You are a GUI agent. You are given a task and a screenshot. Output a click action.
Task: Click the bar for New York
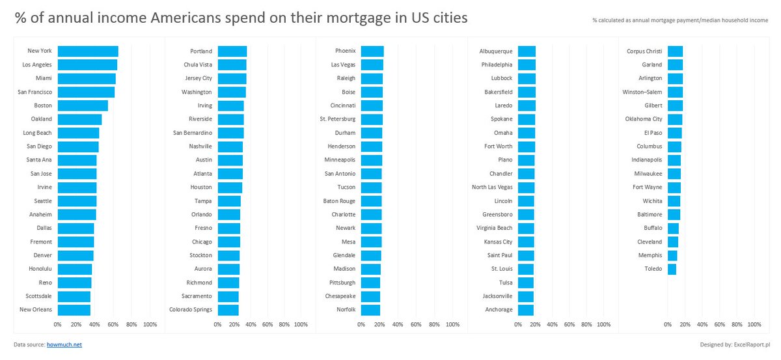click(x=88, y=51)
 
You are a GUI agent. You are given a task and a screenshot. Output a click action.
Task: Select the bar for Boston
click(x=83, y=105)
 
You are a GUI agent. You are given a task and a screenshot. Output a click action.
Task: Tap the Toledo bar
click(x=672, y=269)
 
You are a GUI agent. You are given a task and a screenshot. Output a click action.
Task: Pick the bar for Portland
click(x=232, y=51)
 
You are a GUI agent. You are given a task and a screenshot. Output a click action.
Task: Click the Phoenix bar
click(x=372, y=51)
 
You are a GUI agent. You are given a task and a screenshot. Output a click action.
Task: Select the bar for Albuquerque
click(x=526, y=51)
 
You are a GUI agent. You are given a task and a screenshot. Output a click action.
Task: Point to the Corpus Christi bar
click(x=676, y=51)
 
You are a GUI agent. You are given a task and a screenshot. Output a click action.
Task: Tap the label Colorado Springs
click(x=191, y=310)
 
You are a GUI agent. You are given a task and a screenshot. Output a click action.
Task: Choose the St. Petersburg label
click(x=338, y=119)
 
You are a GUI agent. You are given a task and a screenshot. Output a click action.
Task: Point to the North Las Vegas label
click(x=492, y=187)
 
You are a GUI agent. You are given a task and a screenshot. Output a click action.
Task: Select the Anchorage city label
click(x=499, y=310)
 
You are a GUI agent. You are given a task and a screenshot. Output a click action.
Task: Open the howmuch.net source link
click(x=64, y=344)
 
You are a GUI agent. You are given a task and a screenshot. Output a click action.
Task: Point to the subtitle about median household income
click(x=680, y=20)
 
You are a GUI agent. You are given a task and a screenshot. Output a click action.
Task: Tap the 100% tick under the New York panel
click(x=149, y=324)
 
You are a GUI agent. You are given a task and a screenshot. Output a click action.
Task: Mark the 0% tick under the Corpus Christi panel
click(x=668, y=324)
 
